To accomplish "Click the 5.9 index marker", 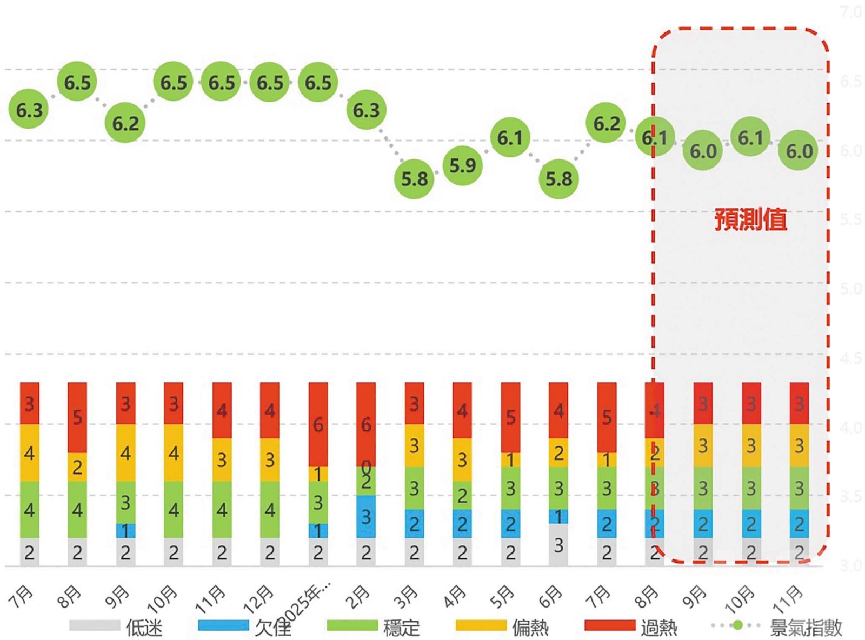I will point(462,165).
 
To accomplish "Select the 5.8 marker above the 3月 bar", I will point(414,179).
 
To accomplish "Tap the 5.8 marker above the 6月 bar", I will point(558,179).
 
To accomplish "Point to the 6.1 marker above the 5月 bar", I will point(510,138).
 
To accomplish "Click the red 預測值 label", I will point(750,220).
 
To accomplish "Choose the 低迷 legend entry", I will point(116,626).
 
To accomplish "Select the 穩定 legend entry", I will point(374,626).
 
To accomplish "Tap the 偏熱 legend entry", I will point(502,626).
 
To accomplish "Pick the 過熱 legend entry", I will point(631,626).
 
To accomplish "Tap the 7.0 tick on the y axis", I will point(851,12).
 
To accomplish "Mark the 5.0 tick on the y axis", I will point(851,289).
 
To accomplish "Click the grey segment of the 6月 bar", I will point(558,545).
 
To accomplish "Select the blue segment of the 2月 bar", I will point(366,516).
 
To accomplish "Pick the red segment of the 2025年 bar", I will point(318,424).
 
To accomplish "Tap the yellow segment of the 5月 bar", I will point(510,459).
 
